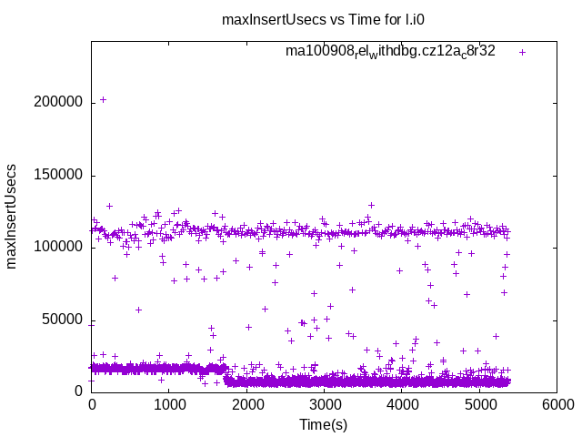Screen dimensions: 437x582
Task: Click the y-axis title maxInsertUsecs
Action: coord(12,216)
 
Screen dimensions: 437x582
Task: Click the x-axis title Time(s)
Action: coord(324,424)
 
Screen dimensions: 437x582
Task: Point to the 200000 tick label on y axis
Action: coord(58,102)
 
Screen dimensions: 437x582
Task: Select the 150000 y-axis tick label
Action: coord(58,175)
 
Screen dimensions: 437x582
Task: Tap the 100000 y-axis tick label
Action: coord(58,247)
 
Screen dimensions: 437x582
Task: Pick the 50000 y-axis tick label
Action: coord(62,319)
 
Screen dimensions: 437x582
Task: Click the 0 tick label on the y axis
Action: coord(79,391)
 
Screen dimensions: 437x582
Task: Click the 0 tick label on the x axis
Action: coord(92,405)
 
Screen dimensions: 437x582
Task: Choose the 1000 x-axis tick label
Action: coord(169,405)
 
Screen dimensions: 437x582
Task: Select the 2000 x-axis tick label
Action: coord(246,405)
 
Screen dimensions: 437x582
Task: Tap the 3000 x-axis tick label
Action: coord(324,405)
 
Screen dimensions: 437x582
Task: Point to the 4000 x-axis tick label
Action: coord(401,405)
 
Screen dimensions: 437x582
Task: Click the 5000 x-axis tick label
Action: coord(479,405)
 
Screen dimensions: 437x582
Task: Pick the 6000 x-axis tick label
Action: coord(557,405)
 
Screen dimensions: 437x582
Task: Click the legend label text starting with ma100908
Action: coord(390,51)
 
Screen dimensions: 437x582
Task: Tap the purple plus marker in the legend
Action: coord(523,52)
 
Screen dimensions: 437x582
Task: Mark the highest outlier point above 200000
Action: coord(103,99)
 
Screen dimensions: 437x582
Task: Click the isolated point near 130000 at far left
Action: coord(109,206)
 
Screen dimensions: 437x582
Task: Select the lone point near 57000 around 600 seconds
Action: coord(138,310)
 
